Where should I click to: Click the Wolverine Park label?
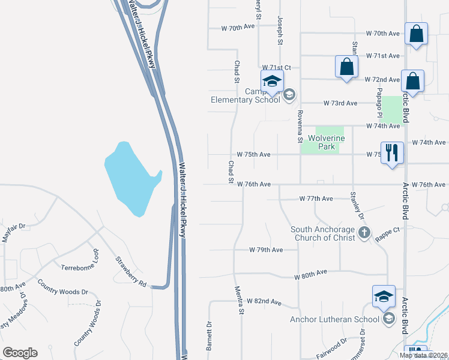tap(326, 142)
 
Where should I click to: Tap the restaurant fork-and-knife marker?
tap(392, 152)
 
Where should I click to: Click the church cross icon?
tap(364, 232)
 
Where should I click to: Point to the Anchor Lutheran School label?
tap(334, 319)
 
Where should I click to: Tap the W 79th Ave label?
tap(267, 250)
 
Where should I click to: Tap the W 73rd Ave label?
tap(340, 103)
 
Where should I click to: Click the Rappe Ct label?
tap(388, 230)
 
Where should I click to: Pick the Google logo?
tap(20, 352)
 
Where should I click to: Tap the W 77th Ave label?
tap(316, 198)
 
